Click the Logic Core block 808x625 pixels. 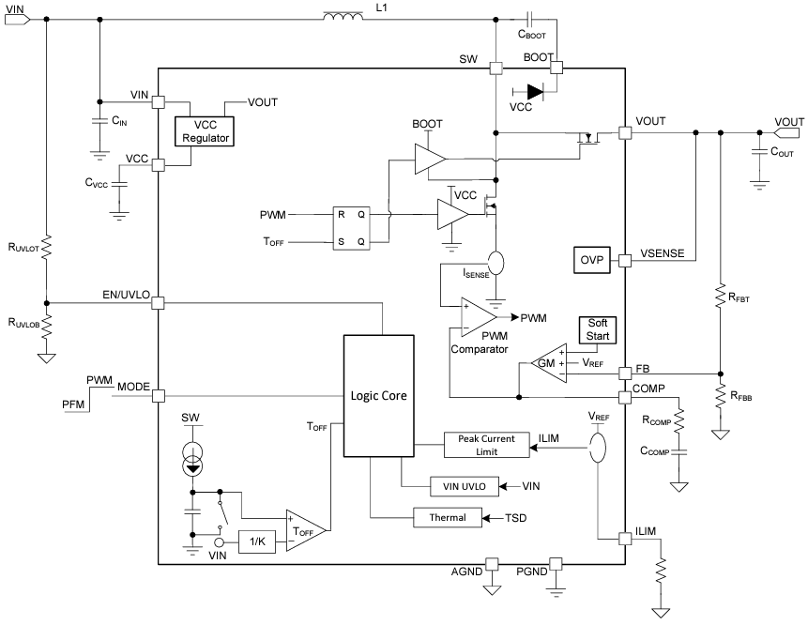pyautogui.click(x=378, y=395)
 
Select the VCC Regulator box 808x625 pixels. pyautogui.click(x=206, y=131)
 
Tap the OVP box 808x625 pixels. pyautogui.click(x=591, y=259)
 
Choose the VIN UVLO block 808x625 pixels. pyautogui.click(x=458, y=486)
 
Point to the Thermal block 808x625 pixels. pyautogui.click(x=447, y=517)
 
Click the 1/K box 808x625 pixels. pyautogui.click(x=257, y=541)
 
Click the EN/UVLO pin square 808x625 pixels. pyautogui.click(x=159, y=303)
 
